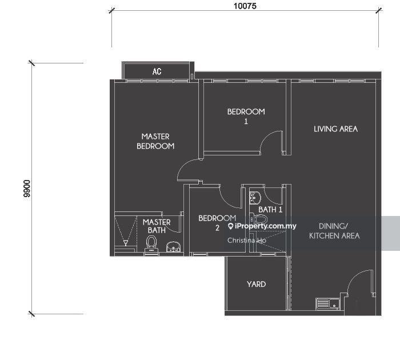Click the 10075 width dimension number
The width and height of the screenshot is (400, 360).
tap(245, 6)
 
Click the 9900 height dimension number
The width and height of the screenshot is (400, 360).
tap(26, 189)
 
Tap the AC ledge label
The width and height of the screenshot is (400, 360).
tap(157, 71)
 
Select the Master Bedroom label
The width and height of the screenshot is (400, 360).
tap(155, 141)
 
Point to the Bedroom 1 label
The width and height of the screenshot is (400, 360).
tap(246, 116)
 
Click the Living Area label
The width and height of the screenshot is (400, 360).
tap(335, 129)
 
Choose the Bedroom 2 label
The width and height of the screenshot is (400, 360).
tap(217, 223)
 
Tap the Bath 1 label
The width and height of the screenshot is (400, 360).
tap(270, 210)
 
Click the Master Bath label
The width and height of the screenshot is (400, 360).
tap(157, 226)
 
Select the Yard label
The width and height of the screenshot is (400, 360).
tap(256, 284)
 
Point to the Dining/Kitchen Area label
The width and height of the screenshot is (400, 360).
tap(334, 231)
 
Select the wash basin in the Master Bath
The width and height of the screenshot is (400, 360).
tap(174, 246)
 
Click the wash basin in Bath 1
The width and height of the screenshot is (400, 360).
tap(255, 198)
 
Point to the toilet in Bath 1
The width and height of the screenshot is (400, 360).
tap(259, 219)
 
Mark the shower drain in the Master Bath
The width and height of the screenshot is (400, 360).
tap(126, 242)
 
